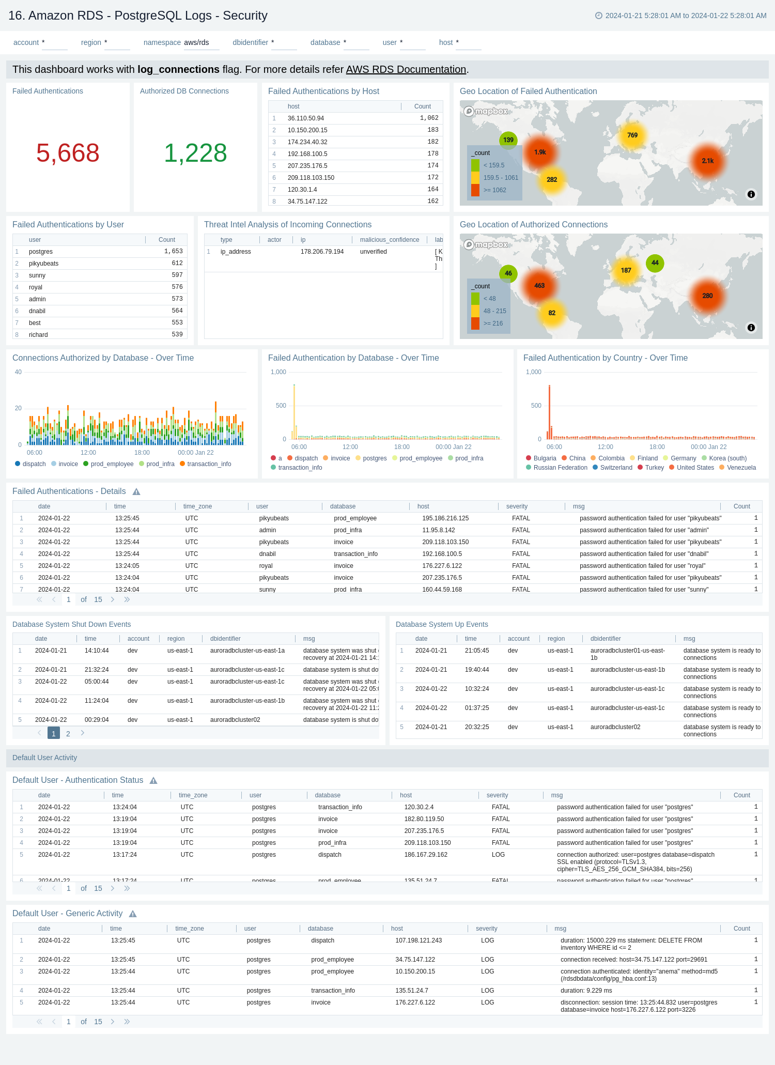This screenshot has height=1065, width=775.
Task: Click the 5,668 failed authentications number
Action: (x=68, y=153)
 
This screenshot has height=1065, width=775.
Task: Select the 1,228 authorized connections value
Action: (x=195, y=153)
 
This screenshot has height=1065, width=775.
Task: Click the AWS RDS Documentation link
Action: (x=406, y=69)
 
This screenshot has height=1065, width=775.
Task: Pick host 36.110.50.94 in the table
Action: (x=306, y=118)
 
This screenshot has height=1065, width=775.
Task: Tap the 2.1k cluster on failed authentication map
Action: (x=707, y=161)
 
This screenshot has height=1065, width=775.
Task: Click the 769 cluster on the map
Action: (x=632, y=135)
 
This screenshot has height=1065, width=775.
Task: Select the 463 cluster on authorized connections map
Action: (x=539, y=285)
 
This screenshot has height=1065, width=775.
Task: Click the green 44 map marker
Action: (x=655, y=263)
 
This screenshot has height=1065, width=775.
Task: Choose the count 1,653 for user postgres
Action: (x=174, y=252)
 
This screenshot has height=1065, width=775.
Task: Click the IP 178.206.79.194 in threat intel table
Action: (x=322, y=252)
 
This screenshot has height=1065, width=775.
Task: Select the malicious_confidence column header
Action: (x=389, y=240)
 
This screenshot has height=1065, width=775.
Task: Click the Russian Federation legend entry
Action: (x=560, y=468)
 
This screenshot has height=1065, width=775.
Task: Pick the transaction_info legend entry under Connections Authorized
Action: (x=209, y=464)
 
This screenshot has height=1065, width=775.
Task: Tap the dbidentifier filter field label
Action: (x=250, y=42)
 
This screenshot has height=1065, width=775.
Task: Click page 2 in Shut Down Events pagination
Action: (x=68, y=734)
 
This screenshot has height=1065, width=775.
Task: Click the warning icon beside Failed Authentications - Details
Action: (x=136, y=492)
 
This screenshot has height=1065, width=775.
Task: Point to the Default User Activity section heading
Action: (x=44, y=758)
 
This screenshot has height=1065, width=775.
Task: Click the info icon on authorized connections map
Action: (x=751, y=328)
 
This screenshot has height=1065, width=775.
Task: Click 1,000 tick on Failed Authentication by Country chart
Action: (x=533, y=372)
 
